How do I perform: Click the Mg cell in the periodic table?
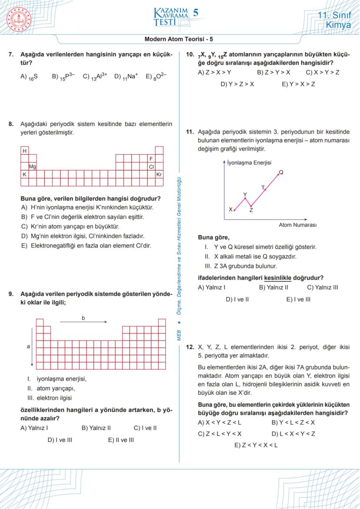33,166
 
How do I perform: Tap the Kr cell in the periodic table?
159,174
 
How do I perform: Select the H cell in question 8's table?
25,151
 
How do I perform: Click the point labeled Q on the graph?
278,175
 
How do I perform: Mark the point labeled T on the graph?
265,190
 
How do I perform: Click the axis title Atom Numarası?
297,225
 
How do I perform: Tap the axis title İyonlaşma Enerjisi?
249,163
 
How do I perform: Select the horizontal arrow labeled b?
83,322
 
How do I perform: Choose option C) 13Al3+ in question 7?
95,77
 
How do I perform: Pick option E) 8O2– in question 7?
156,77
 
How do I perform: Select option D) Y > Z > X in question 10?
237,84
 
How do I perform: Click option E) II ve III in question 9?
121,440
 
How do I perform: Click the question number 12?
190,347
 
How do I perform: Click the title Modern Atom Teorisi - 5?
179,39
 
